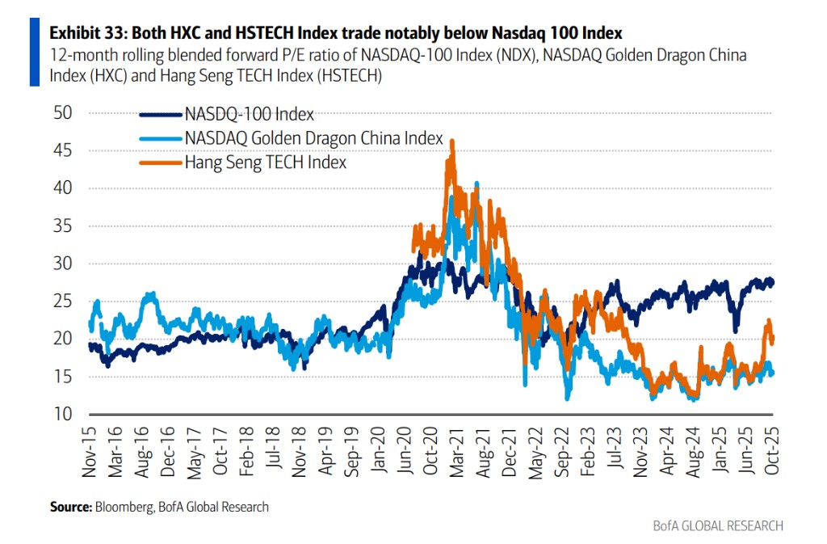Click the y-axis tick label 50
pyautogui.click(x=62, y=112)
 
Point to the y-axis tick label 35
pyautogui.click(x=62, y=226)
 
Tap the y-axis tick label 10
pyautogui.click(x=62, y=414)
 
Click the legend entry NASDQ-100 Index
pyautogui.click(x=249, y=114)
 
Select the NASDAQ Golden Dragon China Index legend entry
pyautogui.click(x=314, y=138)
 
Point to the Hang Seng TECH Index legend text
pyautogui.click(x=266, y=162)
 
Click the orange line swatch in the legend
pyautogui.click(x=161, y=162)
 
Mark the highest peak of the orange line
pyautogui.click(x=452, y=141)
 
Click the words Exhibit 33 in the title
pyautogui.click(x=84, y=33)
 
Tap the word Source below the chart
pyautogui.click(x=71, y=507)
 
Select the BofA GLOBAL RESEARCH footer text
pyautogui.click(x=718, y=526)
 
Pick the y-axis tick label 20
pyautogui.click(x=62, y=339)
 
